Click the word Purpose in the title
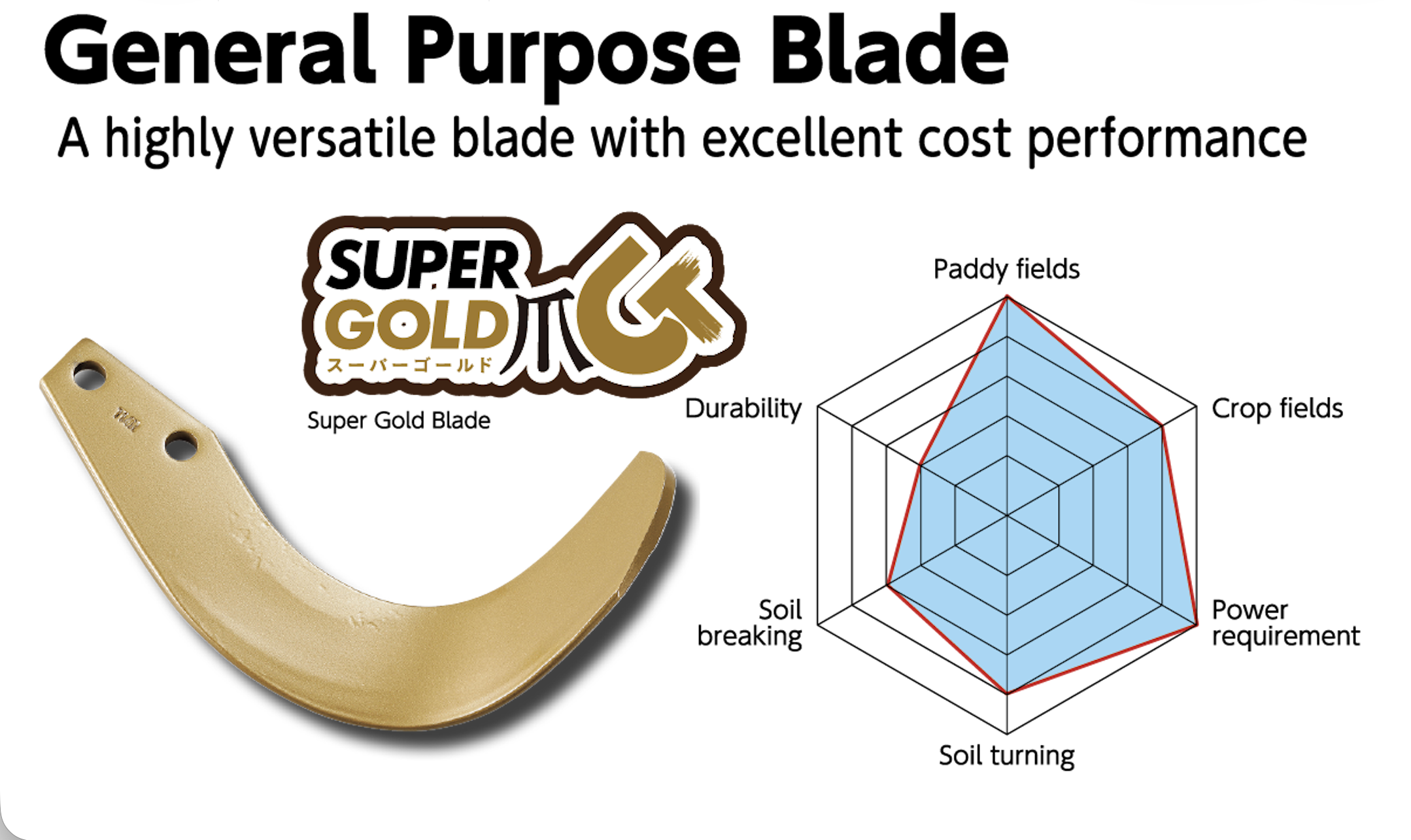[x=574, y=54]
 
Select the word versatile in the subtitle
[x=342, y=138]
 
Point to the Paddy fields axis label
[x=1006, y=269]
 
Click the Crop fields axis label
[x=1277, y=408]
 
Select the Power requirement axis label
[x=1285, y=623]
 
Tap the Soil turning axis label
[x=1007, y=756]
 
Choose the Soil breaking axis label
[x=749, y=623]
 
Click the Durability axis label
[x=743, y=409]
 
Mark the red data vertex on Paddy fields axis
[x=1007, y=297]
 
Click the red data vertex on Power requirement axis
[x=1196, y=625]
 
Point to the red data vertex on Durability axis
[x=921, y=466]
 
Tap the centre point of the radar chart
[x=1007, y=516]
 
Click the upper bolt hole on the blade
[x=89, y=376]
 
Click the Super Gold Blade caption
[x=399, y=421]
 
